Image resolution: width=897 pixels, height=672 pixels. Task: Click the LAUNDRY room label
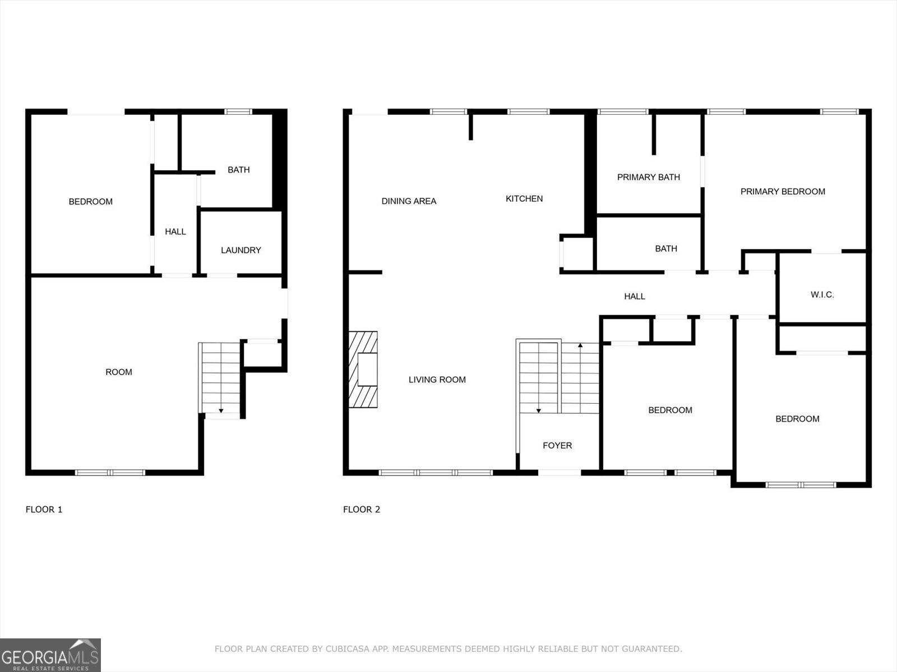point(241,250)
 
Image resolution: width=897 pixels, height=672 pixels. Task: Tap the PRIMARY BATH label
point(648,177)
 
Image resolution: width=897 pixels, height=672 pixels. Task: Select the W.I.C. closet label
point(822,295)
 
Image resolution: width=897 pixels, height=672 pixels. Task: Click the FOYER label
point(557,446)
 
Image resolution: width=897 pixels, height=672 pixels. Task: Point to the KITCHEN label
point(524,199)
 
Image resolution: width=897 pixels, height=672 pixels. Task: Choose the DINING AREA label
point(409,201)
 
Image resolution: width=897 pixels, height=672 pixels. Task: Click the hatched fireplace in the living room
point(363,370)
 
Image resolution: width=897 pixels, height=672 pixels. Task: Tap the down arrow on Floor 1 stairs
point(221,411)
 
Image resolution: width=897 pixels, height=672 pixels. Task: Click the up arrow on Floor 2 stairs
point(580,346)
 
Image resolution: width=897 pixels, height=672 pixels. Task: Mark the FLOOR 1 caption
point(44,510)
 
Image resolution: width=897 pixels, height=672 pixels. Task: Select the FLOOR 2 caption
point(362,510)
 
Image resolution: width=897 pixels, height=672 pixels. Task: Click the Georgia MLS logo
point(50,655)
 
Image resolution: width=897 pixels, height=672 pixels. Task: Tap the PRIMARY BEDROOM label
point(783,192)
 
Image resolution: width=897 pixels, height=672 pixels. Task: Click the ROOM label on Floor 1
point(119,372)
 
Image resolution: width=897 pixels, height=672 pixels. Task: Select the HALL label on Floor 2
point(635,296)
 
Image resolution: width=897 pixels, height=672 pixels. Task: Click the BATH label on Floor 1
point(238,170)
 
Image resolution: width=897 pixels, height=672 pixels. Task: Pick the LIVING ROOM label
point(437,380)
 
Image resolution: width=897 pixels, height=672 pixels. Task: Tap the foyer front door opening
point(560,473)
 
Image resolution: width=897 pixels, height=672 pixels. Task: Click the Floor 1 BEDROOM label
point(90,202)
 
